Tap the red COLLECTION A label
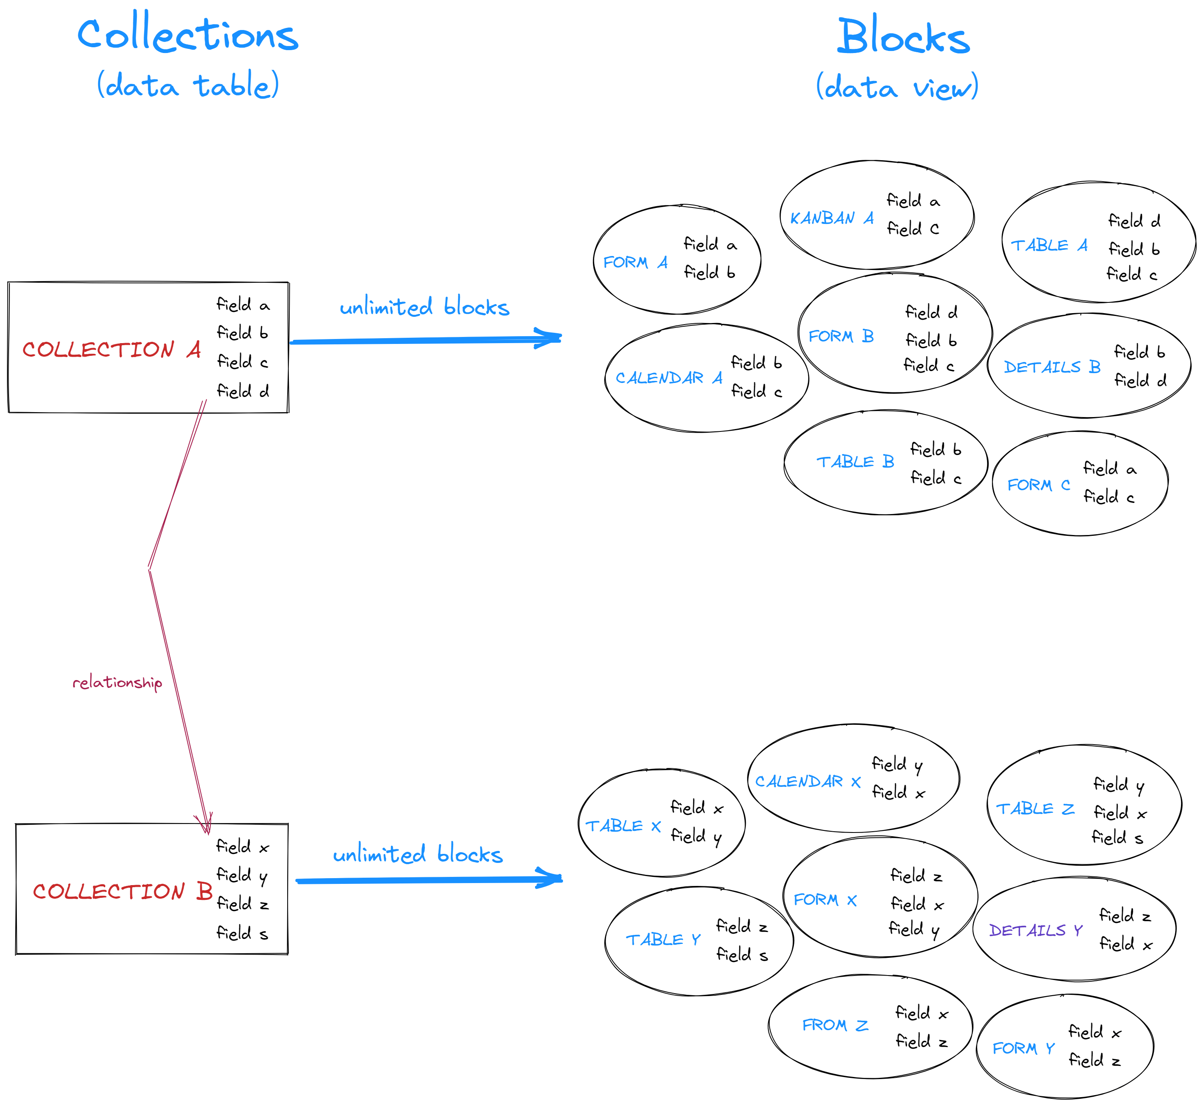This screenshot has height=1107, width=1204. [x=111, y=349]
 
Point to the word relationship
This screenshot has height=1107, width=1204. [x=118, y=682]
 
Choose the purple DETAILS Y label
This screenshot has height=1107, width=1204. [x=1035, y=930]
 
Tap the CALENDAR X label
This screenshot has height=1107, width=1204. [x=807, y=781]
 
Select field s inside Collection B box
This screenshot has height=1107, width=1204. [x=242, y=933]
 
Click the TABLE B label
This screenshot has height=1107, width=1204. [x=856, y=462]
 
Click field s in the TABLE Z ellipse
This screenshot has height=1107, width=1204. [x=1117, y=837]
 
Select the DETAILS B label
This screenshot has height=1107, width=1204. [x=1052, y=367]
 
